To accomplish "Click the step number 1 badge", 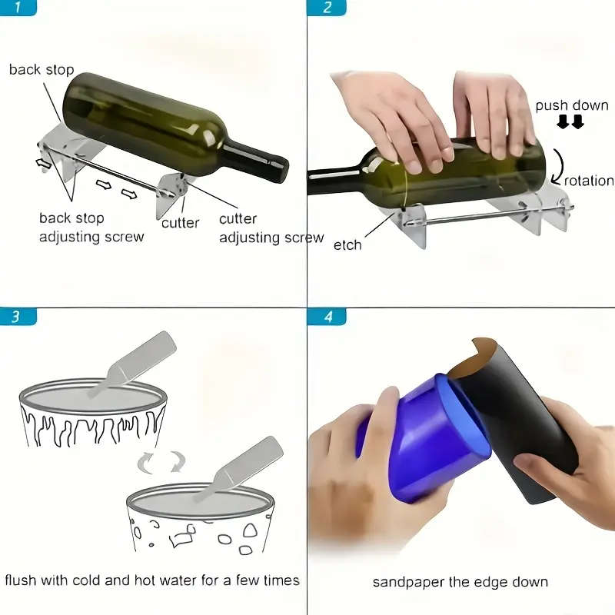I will (x=18, y=8).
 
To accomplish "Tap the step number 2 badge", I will (x=327, y=8).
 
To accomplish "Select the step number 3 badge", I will (x=18, y=316).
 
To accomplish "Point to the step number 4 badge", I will (x=327, y=316).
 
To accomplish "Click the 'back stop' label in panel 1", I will (x=42, y=70).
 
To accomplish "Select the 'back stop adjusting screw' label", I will (x=91, y=228).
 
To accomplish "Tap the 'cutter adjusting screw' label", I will (x=271, y=228).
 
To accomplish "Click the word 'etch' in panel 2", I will (x=347, y=245).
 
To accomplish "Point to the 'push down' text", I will (x=571, y=105).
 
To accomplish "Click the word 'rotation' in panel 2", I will (x=588, y=181).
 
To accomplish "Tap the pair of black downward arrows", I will (x=571, y=122).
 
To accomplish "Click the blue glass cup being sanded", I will (x=419, y=434).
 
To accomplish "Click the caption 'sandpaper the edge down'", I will (x=460, y=581).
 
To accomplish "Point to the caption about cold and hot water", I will (x=152, y=580).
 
